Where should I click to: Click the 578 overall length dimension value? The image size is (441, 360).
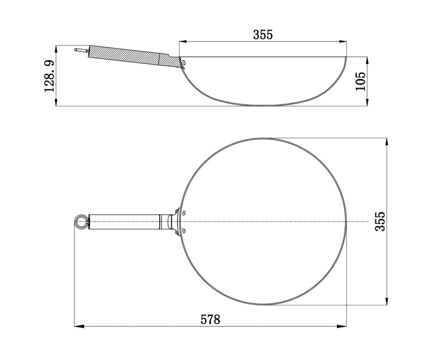point(210,319)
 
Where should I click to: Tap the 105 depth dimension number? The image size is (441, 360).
point(362,81)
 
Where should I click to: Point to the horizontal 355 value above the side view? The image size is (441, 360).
point(263,34)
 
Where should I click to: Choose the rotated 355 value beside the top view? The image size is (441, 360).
point(379,221)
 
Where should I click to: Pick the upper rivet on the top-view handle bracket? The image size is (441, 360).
point(183,212)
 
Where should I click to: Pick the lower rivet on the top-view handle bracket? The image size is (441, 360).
point(183,230)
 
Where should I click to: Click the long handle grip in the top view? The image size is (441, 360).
point(124,222)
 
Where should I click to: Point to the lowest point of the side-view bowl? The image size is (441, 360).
point(263,104)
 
